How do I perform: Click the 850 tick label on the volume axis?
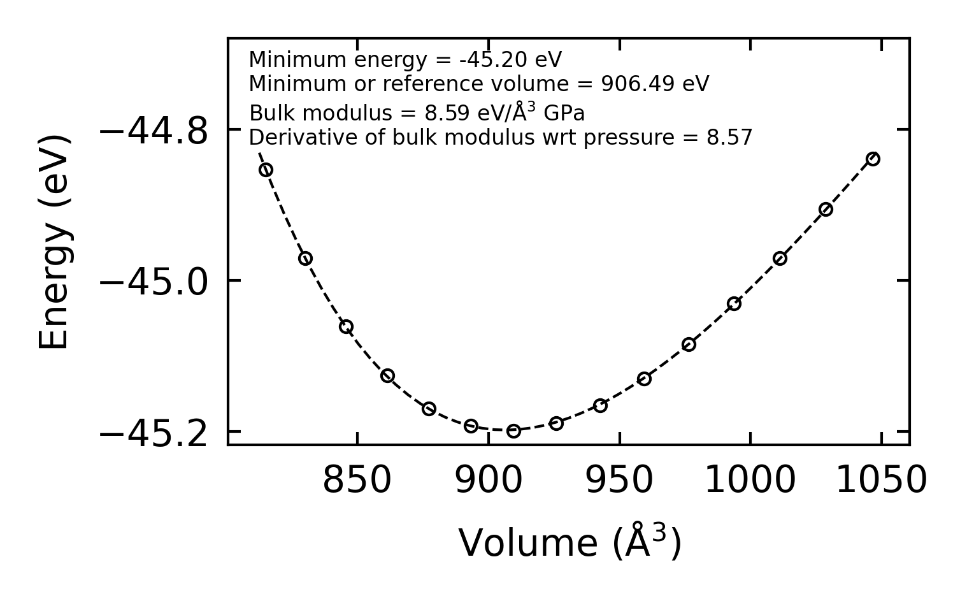click(x=357, y=480)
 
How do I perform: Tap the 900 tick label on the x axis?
click(x=489, y=480)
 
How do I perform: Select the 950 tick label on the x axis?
click(x=619, y=480)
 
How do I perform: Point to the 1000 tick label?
click(x=750, y=480)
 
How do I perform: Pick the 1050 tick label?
click(x=881, y=480)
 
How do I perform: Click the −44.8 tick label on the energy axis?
click(x=154, y=131)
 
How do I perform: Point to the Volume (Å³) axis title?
click(x=569, y=543)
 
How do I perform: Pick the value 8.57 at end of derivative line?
click(x=729, y=138)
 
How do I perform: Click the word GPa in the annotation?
click(x=564, y=113)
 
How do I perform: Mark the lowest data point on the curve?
click(x=513, y=431)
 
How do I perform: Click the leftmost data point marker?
click(x=266, y=170)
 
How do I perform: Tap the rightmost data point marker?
click(x=873, y=159)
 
